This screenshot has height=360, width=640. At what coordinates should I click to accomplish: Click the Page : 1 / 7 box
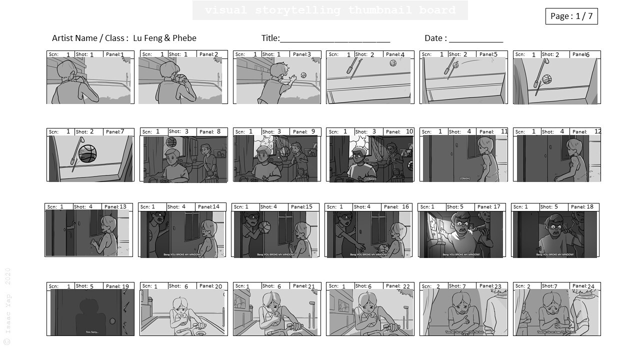571,16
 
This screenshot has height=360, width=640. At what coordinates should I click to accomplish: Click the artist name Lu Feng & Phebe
164,38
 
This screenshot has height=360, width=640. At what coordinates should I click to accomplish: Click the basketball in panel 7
88,154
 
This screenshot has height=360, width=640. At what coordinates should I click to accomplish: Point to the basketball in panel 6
546,79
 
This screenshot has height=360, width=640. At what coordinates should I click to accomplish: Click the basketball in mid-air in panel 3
303,75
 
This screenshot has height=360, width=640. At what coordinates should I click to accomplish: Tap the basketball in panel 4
392,63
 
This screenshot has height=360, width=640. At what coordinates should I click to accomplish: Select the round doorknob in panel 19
112,321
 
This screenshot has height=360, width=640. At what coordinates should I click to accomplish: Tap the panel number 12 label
597,131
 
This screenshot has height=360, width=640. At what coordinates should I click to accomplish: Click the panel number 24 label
590,286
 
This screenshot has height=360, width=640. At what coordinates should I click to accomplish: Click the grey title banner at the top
330,10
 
